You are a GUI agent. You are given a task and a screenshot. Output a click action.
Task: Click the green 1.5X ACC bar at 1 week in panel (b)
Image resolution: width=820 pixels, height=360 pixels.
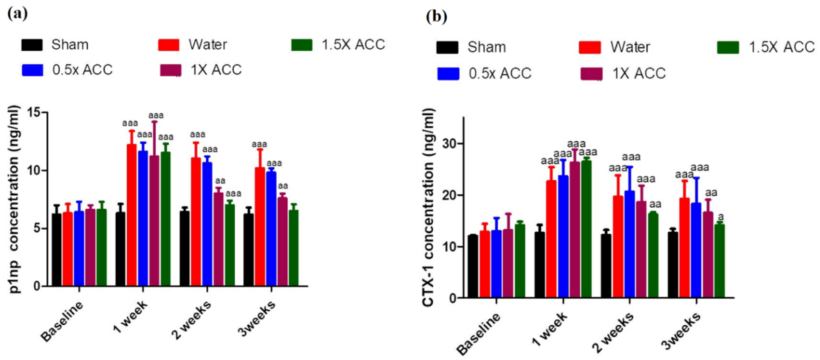tap(586, 229)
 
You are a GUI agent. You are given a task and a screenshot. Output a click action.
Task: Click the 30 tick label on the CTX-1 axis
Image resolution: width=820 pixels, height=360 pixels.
tap(449, 143)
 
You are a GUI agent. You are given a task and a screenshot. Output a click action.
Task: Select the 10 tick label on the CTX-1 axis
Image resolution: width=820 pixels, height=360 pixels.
tap(449, 247)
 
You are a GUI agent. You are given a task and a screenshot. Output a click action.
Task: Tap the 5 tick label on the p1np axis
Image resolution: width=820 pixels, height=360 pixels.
tap(38, 228)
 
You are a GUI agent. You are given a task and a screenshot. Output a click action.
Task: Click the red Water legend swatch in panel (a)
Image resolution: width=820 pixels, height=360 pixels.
tap(169, 45)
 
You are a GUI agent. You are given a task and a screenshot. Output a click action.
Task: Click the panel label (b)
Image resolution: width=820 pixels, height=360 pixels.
tap(436, 16)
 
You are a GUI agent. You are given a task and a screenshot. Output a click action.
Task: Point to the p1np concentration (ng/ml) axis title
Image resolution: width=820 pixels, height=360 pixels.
tap(14, 199)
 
